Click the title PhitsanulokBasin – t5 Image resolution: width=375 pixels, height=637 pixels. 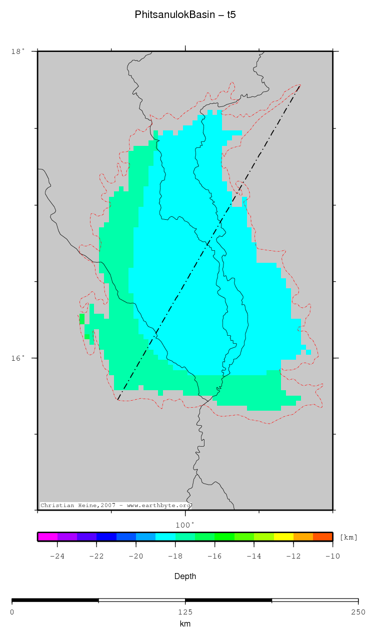pos(185,15)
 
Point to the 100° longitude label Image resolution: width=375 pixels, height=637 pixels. pos(185,525)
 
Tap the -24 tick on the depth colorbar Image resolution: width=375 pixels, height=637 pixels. pos(57,556)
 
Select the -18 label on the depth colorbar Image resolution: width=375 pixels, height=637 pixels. pos(175,556)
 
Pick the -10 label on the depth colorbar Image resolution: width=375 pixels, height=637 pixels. pos(332,556)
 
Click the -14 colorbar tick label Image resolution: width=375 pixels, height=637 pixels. pos(254,556)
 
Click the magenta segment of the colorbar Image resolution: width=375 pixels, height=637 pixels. pos(47,537)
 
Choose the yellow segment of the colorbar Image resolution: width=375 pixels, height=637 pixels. pos(283,537)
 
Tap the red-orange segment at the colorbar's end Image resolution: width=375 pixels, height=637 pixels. pos(323,537)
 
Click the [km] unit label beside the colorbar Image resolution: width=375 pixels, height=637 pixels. pos(348,538)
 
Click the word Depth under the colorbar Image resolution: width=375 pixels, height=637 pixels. pos(185,577)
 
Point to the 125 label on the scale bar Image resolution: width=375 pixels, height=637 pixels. pos(185,612)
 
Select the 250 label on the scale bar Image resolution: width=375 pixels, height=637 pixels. pos(358,612)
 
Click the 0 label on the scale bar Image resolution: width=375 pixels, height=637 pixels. pos(12,612)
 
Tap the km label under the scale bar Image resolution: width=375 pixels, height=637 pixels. pos(185,624)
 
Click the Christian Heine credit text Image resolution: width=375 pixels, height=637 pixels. pos(115,506)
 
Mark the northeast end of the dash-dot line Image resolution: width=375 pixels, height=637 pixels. pos(300,85)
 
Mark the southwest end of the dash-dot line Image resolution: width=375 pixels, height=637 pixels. pos(118,399)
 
